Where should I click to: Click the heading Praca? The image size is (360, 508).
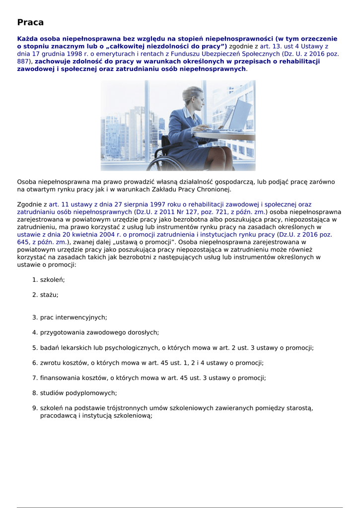(30, 22)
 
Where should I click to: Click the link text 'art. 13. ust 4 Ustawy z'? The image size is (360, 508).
(294, 46)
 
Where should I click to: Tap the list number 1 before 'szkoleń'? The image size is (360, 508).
(35, 280)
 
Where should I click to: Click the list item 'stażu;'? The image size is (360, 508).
(49, 295)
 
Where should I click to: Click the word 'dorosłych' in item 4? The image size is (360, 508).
(143, 332)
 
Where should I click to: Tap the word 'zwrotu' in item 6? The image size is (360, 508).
(51, 363)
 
